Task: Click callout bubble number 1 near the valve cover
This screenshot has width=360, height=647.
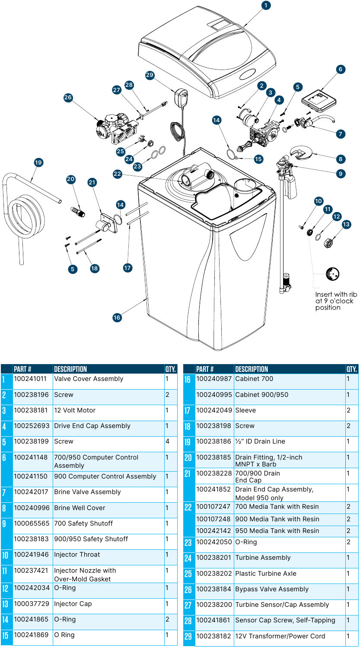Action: pyautogui.click(x=266, y=6)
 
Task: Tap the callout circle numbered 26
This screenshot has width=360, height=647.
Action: pyautogui.click(x=68, y=98)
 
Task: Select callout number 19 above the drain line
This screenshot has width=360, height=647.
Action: pyautogui.click(x=39, y=162)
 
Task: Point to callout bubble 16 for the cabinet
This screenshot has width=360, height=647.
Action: pyautogui.click(x=117, y=317)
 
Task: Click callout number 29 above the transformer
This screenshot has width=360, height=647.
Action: pyautogui.click(x=150, y=75)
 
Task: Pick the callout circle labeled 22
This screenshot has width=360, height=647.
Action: pyautogui.click(x=118, y=174)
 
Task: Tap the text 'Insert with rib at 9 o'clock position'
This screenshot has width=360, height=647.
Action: pyautogui.click(x=336, y=301)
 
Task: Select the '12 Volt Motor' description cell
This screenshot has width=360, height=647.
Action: pyautogui.click(x=75, y=410)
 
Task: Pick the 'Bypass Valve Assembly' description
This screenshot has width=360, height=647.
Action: pyautogui.click(x=272, y=589)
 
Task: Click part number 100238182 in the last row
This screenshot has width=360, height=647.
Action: pyautogui.click(x=213, y=636)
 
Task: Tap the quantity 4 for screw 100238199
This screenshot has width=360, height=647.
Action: pyautogui.click(x=167, y=441)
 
